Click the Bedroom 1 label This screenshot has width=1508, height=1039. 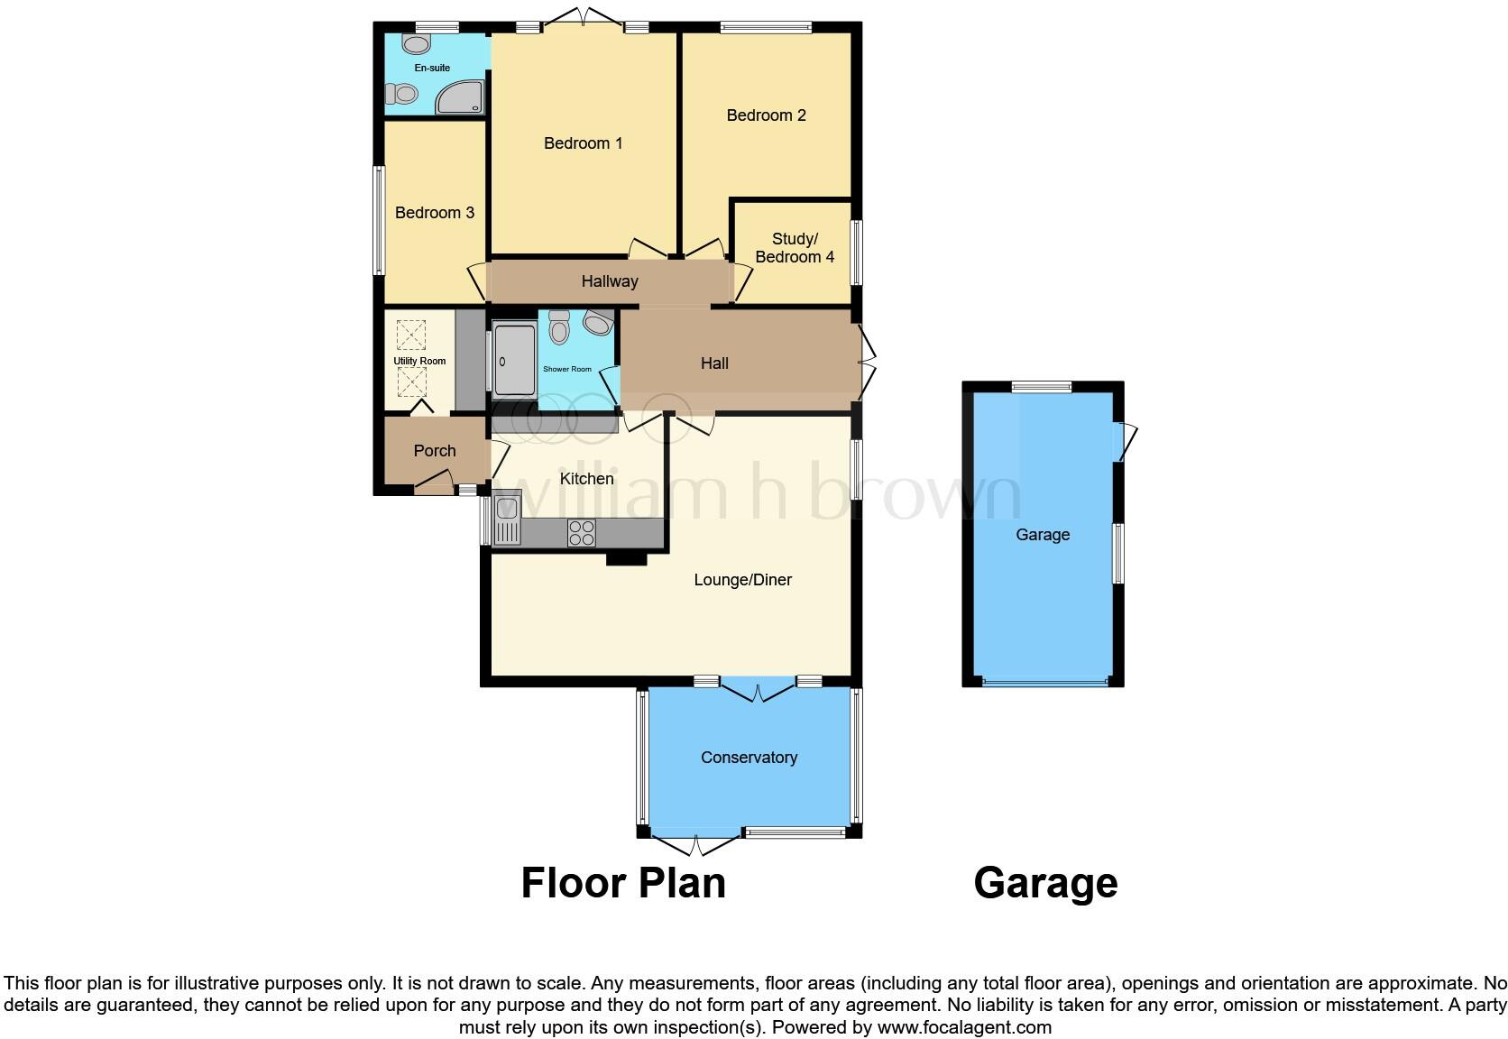(x=583, y=143)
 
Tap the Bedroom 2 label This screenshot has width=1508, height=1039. (x=766, y=115)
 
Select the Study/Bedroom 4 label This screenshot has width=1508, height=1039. (x=794, y=248)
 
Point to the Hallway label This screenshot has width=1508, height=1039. (x=609, y=281)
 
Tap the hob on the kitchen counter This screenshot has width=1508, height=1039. (x=581, y=533)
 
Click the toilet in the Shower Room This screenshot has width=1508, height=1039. (x=559, y=328)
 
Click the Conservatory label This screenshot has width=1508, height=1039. (x=749, y=758)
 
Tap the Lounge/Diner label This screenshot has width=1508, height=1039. (x=742, y=580)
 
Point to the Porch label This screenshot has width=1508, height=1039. (x=435, y=451)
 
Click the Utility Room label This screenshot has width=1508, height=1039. (x=419, y=362)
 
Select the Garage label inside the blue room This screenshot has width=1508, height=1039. (x=1043, y=535)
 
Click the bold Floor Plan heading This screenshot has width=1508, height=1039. (x=623, y=883)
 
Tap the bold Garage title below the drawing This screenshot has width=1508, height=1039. (x=1045, y=883)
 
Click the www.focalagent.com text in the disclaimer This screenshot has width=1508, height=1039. (x=964, y=1027)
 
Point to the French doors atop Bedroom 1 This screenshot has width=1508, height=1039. (x=583, y=17)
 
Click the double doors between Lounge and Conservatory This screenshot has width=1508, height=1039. (x=758, y=691)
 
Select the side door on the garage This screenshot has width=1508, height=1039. (x=1127, y=441)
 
